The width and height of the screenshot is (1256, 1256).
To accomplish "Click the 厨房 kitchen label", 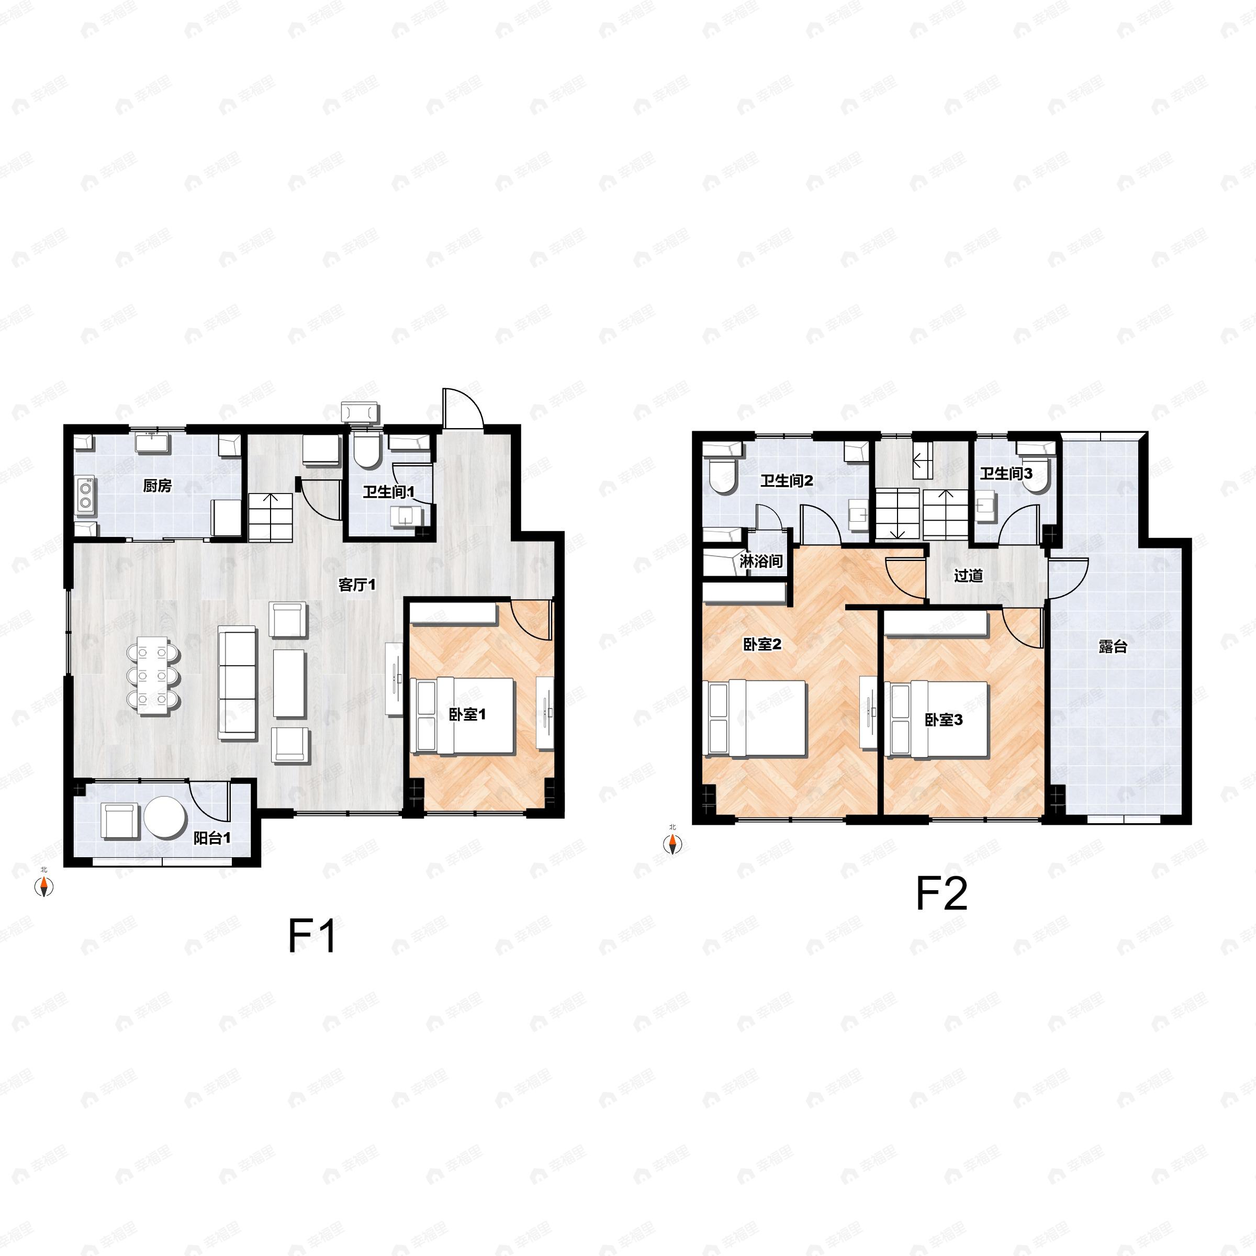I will [x=158, y=486].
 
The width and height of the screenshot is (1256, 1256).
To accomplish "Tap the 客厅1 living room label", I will [x=357, y=585].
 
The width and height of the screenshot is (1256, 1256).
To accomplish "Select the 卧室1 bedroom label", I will [x=467, y=715].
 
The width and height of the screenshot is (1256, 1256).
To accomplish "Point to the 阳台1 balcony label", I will [x=212, y=838].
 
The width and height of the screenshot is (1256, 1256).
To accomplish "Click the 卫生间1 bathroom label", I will [x=388, y=491].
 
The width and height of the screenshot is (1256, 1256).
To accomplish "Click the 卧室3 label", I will [x=944, y=720].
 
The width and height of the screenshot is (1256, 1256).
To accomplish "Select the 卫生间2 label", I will [x=787, y=481].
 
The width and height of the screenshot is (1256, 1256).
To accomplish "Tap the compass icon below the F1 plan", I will [x=43, y=887].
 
